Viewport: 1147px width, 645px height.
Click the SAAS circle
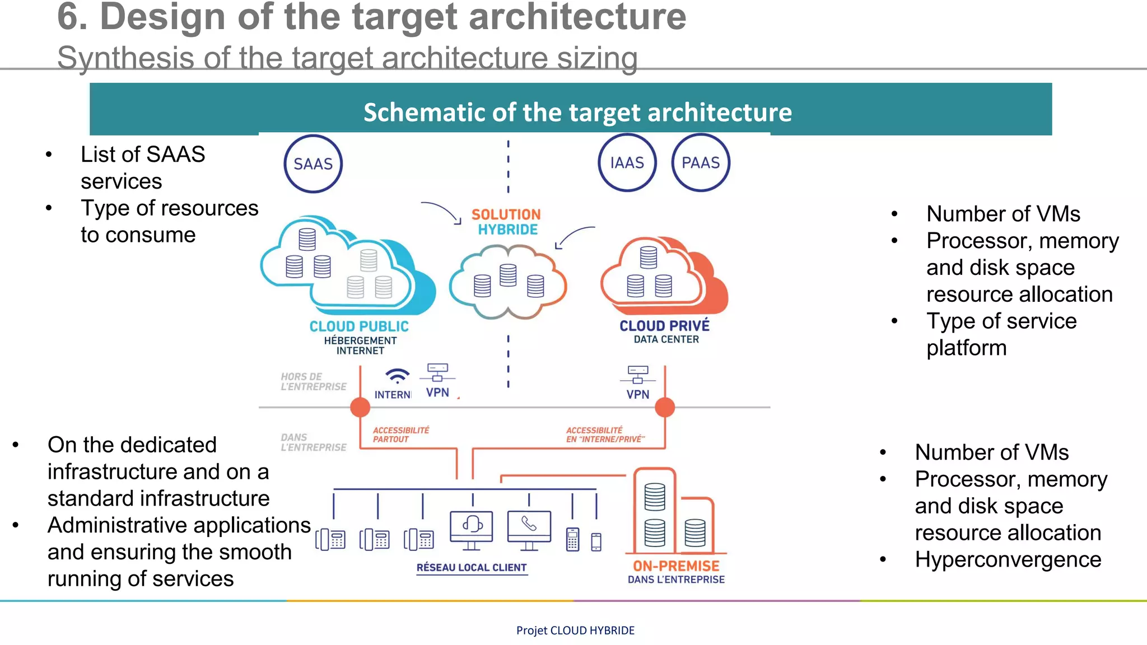tap(313, 163)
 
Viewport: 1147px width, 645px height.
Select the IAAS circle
tap(627, 162)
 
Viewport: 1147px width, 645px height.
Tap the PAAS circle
tap(700, 162)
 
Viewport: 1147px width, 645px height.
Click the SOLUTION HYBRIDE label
tap(506, 222)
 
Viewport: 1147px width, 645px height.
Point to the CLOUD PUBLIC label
tap(359, 326)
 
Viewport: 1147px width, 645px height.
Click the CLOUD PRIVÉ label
tap(664, 325)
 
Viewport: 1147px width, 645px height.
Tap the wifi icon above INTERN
tap(397, 375)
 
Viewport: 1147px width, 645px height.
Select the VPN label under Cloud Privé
tap(637, 394)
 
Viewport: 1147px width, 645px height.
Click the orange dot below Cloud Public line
tap(360, 407)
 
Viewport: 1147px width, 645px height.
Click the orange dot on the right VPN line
tap(665, 407)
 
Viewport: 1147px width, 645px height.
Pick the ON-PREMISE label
tap(676, 565)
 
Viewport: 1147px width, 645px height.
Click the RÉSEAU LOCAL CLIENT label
tap(472, 567)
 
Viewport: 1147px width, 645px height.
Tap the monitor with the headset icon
tap(472, 526)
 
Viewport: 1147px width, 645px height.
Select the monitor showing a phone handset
tap(529, 526)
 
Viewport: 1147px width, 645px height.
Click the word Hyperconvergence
tap(1008, 559)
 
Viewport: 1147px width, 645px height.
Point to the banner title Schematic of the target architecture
tap(577, 112)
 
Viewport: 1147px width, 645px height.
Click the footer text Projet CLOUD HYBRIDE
tap(575, 630)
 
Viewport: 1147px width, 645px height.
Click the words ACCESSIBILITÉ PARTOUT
tap(400, 434)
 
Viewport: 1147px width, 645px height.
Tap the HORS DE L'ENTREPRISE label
tap(313, 381)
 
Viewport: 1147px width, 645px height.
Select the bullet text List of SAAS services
tap(143, 167)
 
